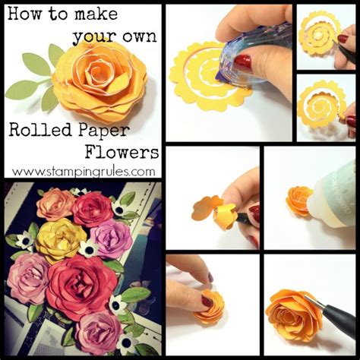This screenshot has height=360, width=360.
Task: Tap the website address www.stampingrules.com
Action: pyautogui.click(x=84, y=171)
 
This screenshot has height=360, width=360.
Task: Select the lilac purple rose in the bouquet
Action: pyautogui.click(x=112, y=238)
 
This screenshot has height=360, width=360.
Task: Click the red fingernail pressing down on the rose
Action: pyautogui.click(x=207, y=301)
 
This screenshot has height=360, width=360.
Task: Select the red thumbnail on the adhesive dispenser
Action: pyautogui.click(x=243, y=62)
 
